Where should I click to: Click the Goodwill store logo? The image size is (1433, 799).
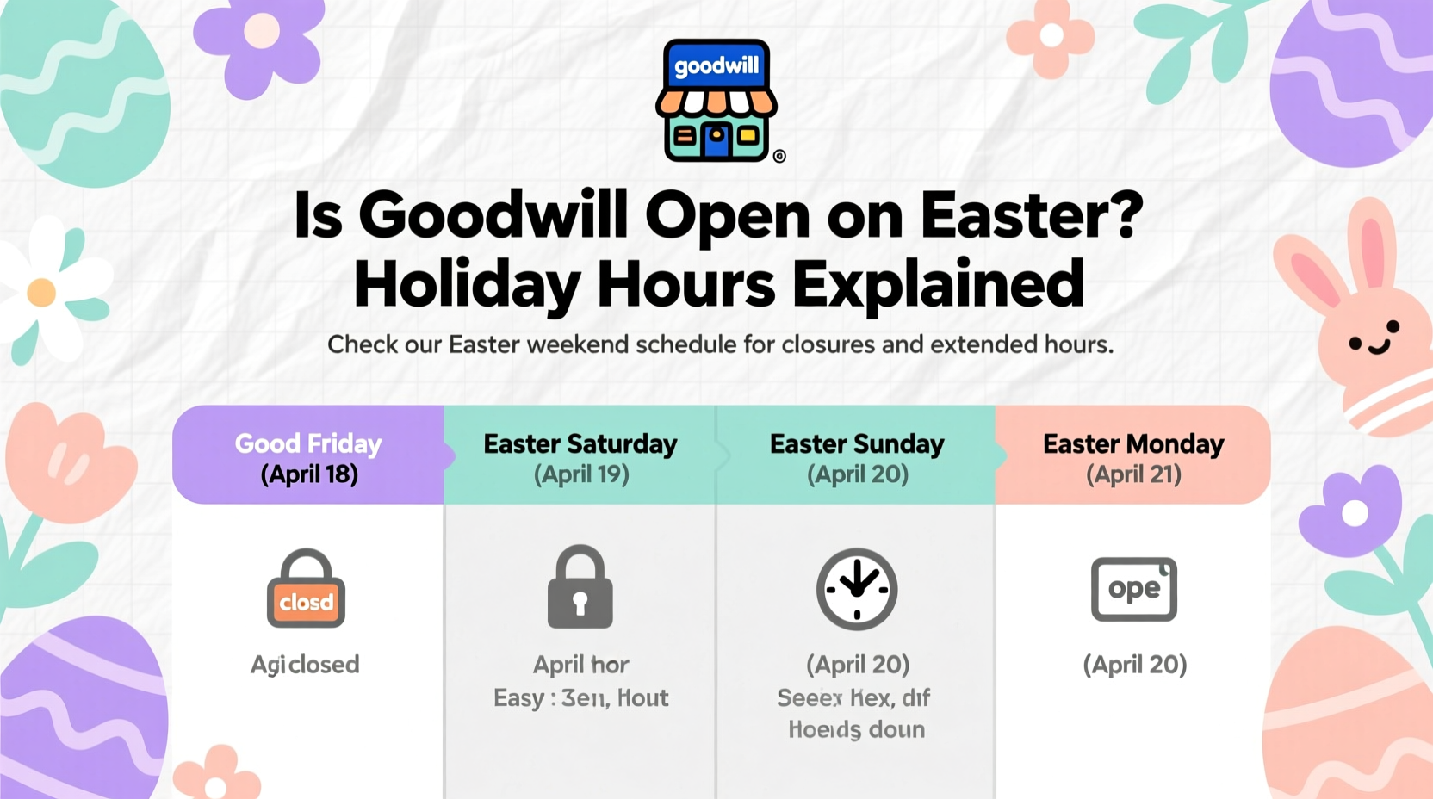pos(716,100)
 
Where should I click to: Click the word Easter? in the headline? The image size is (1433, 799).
pos(1031,215)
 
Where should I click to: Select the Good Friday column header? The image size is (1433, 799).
pos(308,444)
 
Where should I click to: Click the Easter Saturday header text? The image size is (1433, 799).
pos(580,444)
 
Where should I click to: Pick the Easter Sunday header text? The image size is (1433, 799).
pos(857,444)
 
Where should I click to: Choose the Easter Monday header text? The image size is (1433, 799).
pos(1132,444)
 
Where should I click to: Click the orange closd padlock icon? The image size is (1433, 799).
pos(306,590)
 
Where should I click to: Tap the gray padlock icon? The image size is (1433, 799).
pos(580,587)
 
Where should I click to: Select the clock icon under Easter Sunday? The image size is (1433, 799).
pos(857,589)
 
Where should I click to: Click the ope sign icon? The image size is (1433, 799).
pos(1133,589)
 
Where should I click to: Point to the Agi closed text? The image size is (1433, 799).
pos(305,665)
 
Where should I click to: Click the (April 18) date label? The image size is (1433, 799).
pos(309,474)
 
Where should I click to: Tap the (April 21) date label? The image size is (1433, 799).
pos(1133,474)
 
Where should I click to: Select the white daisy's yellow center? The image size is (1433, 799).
pos(41,293)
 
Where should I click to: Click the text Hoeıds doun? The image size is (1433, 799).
pos(856,730)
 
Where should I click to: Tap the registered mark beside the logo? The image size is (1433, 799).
pos(779,156)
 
